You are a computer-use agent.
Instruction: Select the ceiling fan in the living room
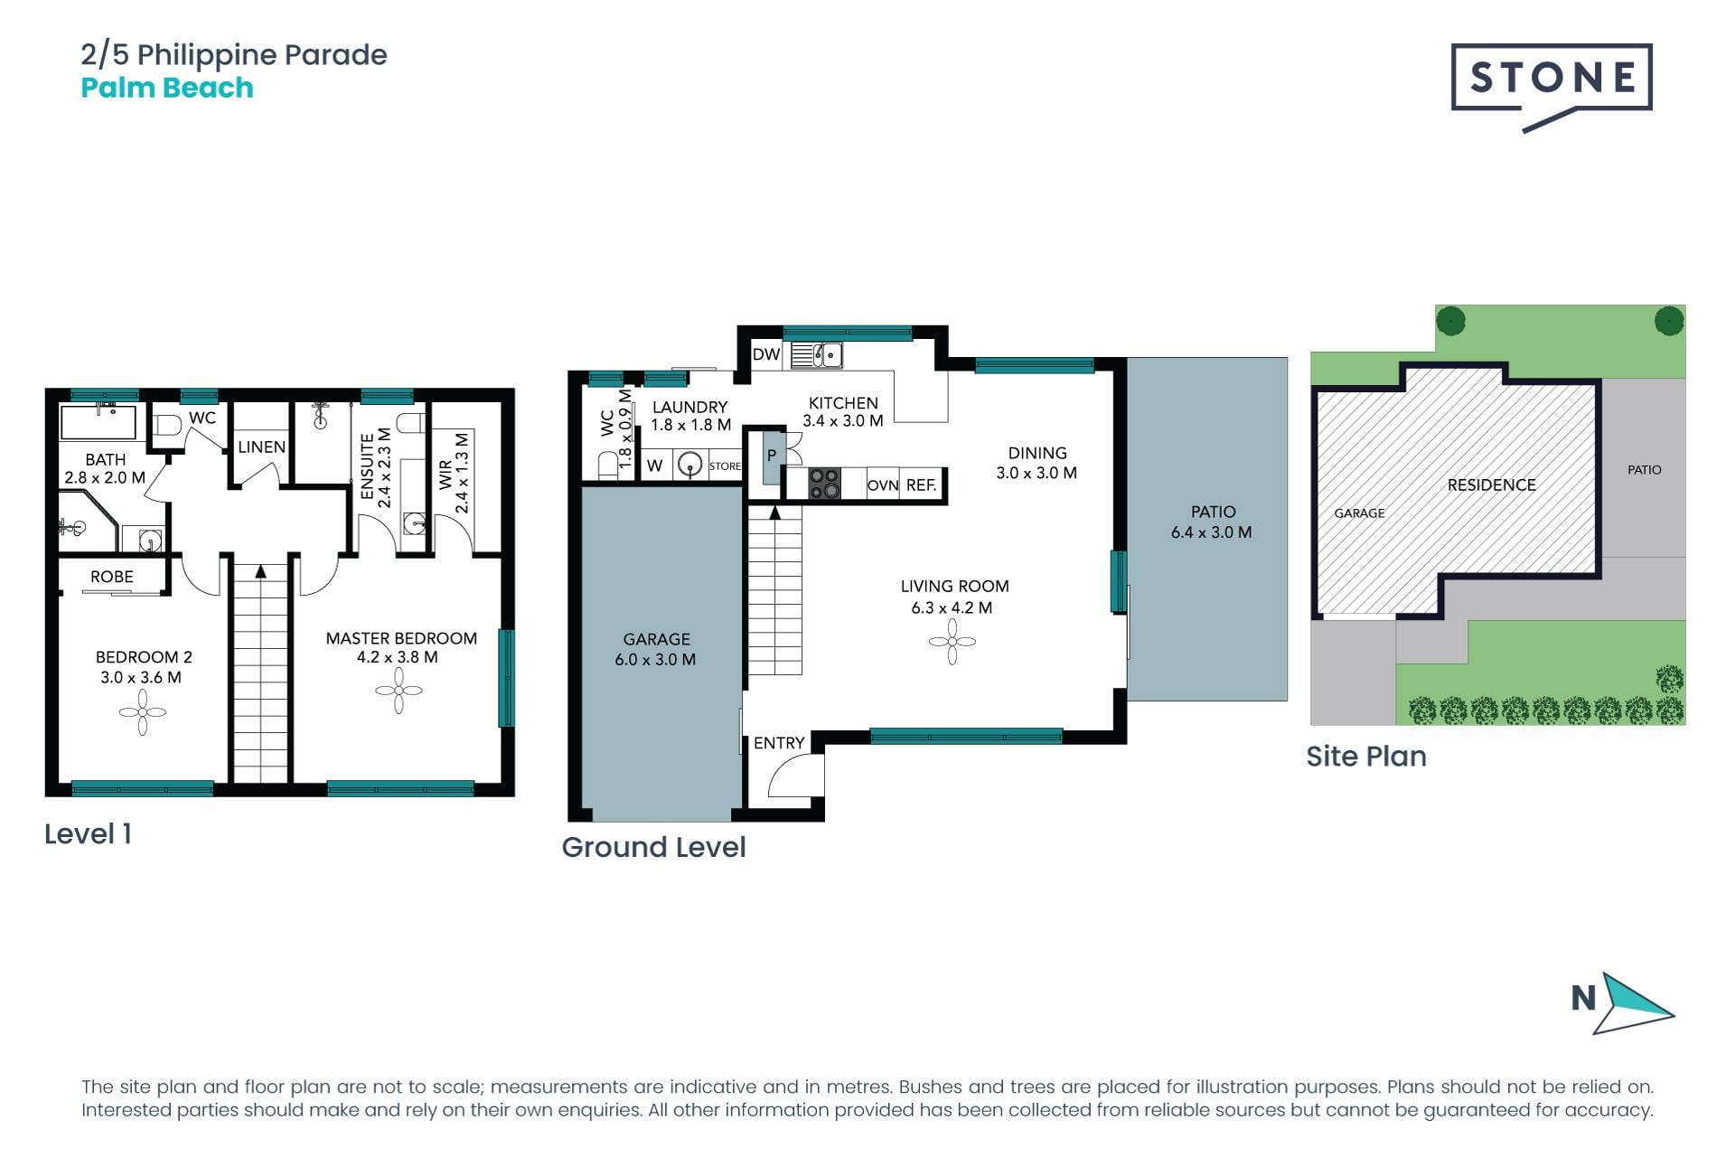coord(952,642)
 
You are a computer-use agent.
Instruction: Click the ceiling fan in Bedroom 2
coord(142,712)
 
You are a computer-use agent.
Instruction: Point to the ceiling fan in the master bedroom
coord(399,691)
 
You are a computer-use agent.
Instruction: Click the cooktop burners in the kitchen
coord(823,484)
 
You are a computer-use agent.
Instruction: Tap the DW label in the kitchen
coord(766,354)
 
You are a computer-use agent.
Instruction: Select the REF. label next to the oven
coord(921,485)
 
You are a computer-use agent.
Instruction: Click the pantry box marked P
coord(772,456)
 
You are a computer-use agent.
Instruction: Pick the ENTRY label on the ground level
coord(779,743)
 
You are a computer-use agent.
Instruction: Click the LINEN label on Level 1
coord(261,447)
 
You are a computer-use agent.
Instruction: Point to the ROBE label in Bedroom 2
coord(112,577)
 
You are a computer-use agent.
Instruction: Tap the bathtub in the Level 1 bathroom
coord(98,422)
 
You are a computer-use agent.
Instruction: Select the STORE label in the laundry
coord(725,466)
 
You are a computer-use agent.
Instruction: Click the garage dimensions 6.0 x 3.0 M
coord(655,660)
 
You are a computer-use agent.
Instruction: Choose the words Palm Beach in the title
coord(167,88)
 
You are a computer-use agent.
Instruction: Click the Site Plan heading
coord(1366,757)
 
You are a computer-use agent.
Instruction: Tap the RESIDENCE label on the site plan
coord(1492,485)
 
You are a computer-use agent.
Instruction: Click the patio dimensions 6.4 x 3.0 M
coord(1212,532)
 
